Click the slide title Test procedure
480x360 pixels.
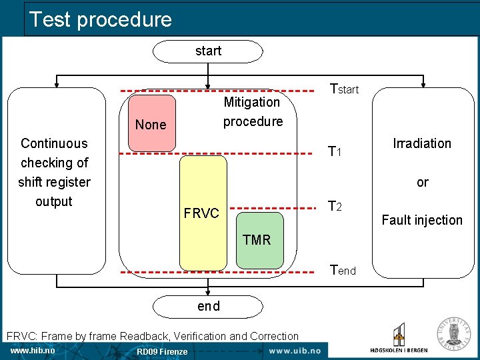pyautogui.click(x=101, y=19)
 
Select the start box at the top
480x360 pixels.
pyautogui.click(x=208, y=51)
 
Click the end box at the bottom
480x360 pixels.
pyautogui.click(x=208, y=306)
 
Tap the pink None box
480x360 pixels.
pyautogui.click(x=151, y=123)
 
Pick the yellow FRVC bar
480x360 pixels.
pyautogui.click(x=203, y=213)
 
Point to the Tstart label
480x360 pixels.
pyautogui.click(x=345, y=89)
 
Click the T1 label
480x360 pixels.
pyautogui.click(x=335, y=152)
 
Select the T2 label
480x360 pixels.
pyautogui.click(x=335, y=207)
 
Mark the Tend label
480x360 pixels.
pyautogui.click(x=343, y=270)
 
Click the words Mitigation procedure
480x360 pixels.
pyautogui.click(x=252, y=111)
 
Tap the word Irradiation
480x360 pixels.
pyautogui.click(x=422, y=143)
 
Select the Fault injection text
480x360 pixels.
pyautogui.click(x=422, y=220)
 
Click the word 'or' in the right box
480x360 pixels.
pyautogui.click(x=423, y=182)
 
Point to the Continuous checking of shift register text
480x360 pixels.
pyautogui.click(x=54, y=172)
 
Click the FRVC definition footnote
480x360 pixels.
pyautogui.click(x=152, y=336)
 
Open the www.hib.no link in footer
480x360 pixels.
pyautogui.click(x=33, y=351)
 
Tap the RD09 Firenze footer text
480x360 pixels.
pyautogui.click(x=162, y=351)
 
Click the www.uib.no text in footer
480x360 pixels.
pyautogui.click(x=294, y=351)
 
